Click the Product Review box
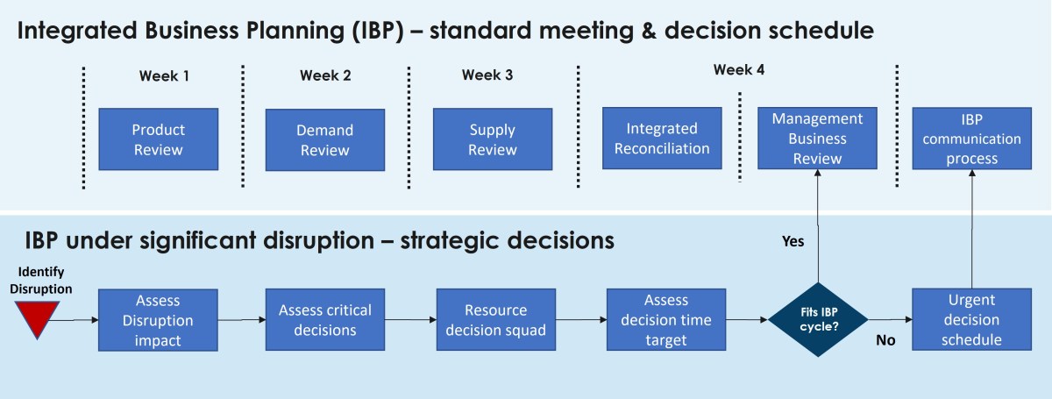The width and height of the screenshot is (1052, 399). click(158, 139)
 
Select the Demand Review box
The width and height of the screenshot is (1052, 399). click(324, 139)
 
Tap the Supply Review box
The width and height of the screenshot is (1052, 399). click(492, 139)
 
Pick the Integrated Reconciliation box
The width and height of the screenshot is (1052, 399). click(662, 139)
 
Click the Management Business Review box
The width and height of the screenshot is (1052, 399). click(817, 139)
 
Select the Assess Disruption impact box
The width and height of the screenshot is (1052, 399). click(158, 320)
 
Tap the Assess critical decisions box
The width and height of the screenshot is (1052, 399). click(324, 320)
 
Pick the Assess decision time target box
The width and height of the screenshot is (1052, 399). click(665, 320)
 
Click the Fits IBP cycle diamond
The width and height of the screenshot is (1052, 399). click(818, 320)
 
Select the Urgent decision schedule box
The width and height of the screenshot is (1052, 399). click(970, 320)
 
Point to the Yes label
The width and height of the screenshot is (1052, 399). click(793, 241)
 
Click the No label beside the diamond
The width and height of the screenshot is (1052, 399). click(885, 339)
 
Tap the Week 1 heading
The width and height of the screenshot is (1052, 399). click(164, 75)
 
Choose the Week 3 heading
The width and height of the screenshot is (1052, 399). click(487, 75)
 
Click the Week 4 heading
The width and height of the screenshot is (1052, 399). click(738, 70)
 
